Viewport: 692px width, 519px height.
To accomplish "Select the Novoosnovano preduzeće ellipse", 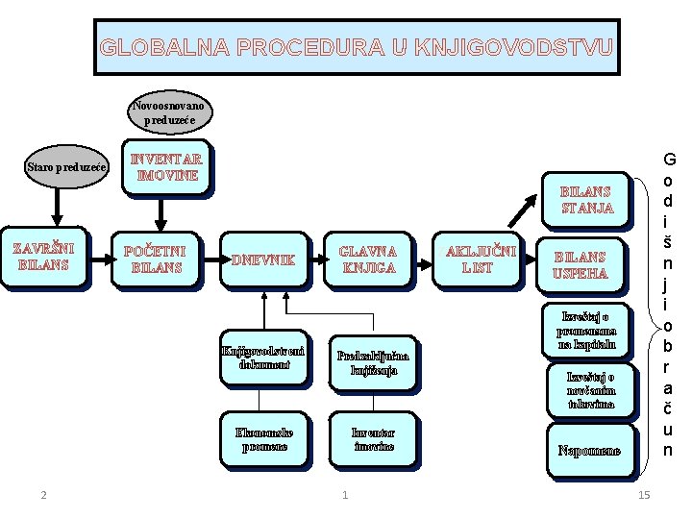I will (x=169, y=111).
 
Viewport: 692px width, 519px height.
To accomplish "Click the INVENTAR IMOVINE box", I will (x=167, y=167).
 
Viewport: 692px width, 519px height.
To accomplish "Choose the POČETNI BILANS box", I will (x=156, y=259).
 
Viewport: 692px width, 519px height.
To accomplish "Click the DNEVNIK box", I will (x=264, y=259).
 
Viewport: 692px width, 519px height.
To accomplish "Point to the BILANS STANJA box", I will (x=585, y=199).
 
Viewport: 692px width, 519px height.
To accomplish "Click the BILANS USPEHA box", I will (x=581, y=264).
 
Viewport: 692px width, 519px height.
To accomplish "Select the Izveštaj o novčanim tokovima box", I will (x=589, y=389).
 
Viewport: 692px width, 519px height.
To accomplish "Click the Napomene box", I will (x=588, y=451).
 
